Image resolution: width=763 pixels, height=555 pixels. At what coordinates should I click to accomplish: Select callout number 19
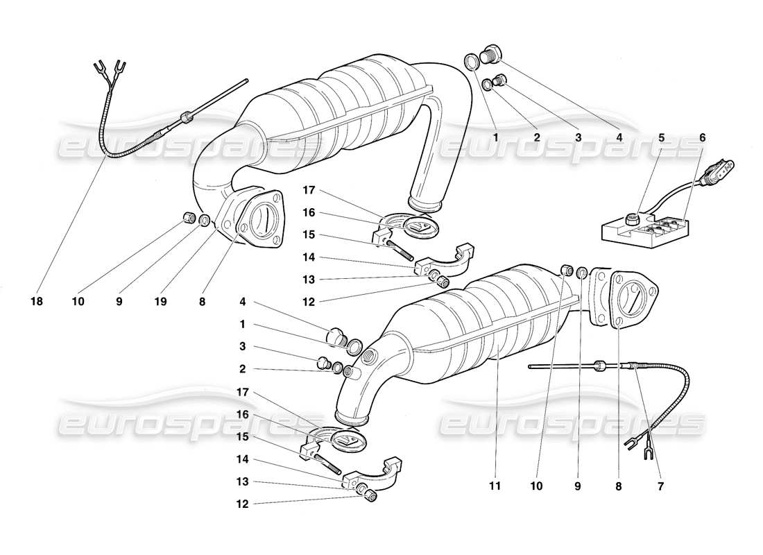coord(160,302)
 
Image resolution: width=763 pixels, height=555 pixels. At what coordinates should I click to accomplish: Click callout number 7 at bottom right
coord(660,487)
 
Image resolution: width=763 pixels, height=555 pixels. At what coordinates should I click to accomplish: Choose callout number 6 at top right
coord(702,137)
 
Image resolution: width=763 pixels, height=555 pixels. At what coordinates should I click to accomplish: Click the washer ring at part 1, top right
coord(470,60)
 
